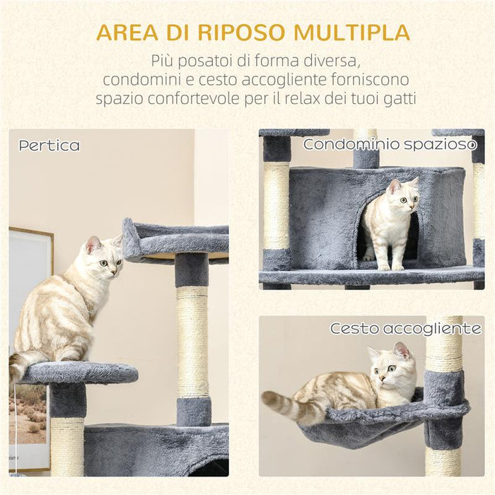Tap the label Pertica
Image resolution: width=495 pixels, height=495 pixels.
click(x=49, y=146)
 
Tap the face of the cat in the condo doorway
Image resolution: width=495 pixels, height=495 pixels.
click(x=401, y=198)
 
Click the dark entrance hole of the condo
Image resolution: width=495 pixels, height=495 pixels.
click(x=368, y=237)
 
